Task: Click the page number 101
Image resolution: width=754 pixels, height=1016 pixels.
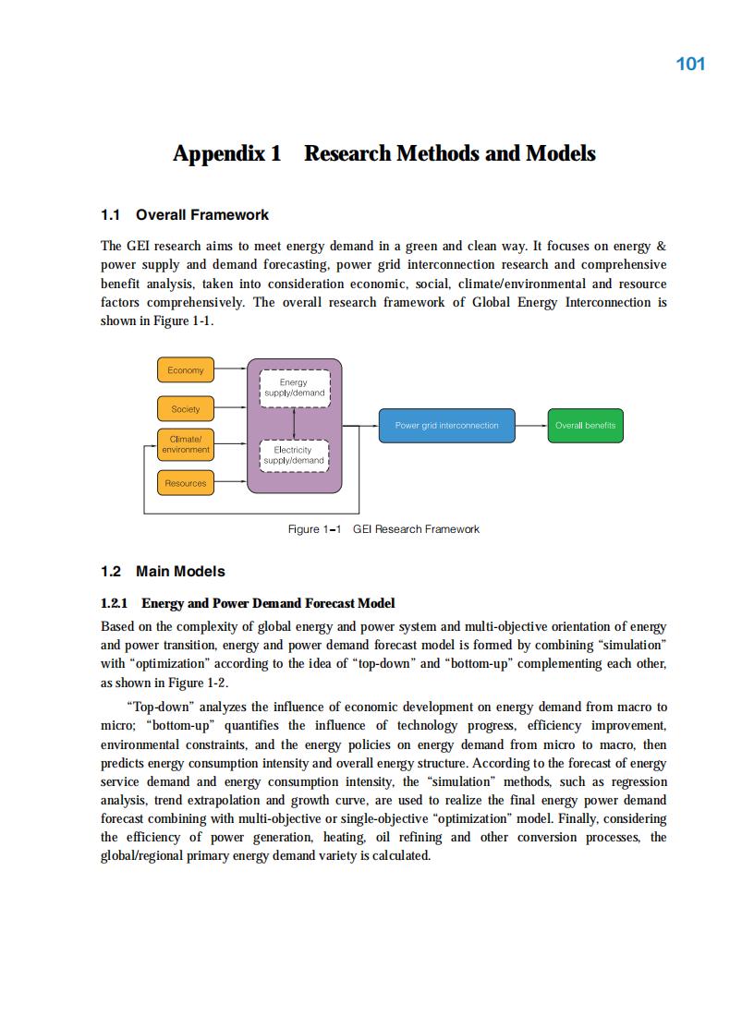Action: coord(690,64)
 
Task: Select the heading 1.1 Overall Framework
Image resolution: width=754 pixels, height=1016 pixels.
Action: coord(185,215)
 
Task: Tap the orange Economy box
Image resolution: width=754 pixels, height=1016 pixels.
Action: coord(186,370)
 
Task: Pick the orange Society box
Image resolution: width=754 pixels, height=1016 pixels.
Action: coord(186,409)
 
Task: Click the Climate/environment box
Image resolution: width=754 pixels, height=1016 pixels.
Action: coord(186,444)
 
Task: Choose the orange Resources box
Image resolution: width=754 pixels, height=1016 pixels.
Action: coord(186,483)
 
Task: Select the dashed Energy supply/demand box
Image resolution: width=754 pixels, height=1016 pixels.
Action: coord(293,388)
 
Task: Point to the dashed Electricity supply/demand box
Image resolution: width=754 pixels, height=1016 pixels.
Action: coord(293,455)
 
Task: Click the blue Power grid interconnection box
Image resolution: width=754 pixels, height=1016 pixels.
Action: coord(446,426)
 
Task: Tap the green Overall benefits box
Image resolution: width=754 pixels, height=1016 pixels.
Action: coord(585,426)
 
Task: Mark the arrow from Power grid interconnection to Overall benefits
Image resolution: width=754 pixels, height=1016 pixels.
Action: coord(530,426)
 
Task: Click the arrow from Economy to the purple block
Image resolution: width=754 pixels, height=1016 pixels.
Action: coord(230,370)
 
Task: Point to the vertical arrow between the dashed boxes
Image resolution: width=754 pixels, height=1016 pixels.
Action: coord(293,422)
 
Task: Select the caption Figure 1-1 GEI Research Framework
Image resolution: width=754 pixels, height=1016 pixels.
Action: coord(383,529)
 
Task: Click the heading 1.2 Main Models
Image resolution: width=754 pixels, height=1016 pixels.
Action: coord(163,572)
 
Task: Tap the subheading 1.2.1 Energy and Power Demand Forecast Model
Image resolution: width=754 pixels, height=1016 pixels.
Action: coord(248,603)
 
